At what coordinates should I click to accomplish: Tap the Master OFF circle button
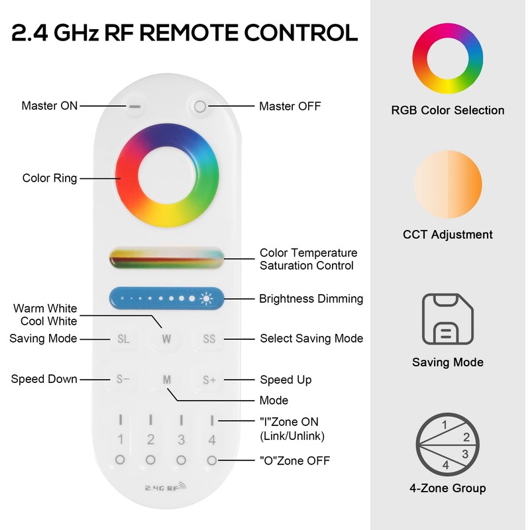(200, 105)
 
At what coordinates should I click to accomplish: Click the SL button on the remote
(123, 339)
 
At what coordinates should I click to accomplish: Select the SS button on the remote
(209, 339)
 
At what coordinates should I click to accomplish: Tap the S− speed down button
(123, 380)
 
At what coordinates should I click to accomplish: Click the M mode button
(167, 380)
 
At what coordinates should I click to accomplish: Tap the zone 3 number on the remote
(181, 439)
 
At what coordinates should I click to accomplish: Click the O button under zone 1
(120, 459)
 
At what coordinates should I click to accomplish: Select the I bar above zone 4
(212, 419)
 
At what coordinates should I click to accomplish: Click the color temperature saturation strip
(166, 258)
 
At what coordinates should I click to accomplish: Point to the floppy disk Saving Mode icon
(448, 319)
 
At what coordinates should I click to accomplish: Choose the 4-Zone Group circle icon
(448, 445)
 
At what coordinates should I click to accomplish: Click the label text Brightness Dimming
(311, 299)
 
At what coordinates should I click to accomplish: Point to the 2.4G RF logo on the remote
(166, 488)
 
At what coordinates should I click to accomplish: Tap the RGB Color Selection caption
(448, 110)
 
